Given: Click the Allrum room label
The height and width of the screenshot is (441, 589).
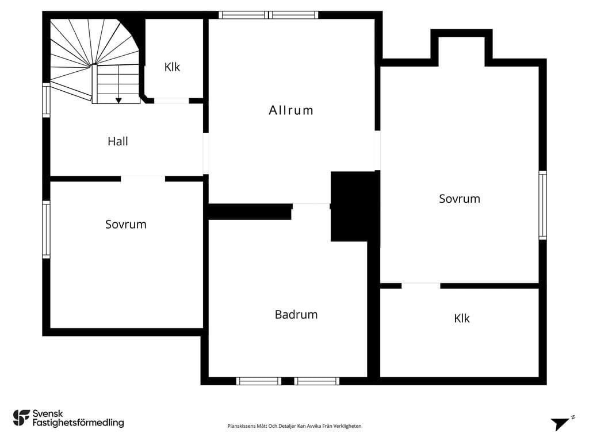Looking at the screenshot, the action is pos(290,110).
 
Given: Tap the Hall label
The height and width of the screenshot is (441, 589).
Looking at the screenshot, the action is pos(117,141).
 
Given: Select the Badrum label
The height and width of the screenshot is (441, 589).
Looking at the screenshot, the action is pos(296,314).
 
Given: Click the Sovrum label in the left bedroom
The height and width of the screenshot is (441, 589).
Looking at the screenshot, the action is pos(125,225).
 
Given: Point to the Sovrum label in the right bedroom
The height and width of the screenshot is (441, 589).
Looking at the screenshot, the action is pos(460,199).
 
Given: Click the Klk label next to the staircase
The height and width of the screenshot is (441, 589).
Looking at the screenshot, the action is pos(172,67).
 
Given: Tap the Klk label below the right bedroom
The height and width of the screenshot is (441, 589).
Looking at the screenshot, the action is pos(462,318).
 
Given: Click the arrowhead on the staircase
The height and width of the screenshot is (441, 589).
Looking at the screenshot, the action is pos(118,100).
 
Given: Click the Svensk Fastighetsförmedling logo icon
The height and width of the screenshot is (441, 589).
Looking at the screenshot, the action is pos(21,418).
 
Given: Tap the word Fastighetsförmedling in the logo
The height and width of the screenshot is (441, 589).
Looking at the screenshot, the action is pos(78,423).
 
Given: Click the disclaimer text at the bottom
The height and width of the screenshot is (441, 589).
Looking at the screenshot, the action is pos(294,426).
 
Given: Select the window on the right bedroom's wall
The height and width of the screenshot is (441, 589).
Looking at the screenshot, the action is pos(543,205).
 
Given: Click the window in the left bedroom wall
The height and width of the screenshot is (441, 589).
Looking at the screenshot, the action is pos(46,230).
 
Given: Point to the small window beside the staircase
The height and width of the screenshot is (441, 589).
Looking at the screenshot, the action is pos(46,100).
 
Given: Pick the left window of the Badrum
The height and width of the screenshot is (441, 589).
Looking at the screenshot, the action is pos(259,381).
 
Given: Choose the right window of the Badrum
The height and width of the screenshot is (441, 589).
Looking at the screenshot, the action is pos(317,381).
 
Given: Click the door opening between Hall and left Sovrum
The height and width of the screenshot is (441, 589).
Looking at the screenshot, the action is pos(143,179).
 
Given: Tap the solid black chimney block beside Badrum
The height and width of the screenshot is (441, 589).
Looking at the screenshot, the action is pos(354,206).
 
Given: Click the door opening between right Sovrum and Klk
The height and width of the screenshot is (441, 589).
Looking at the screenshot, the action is pos(420,286).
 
